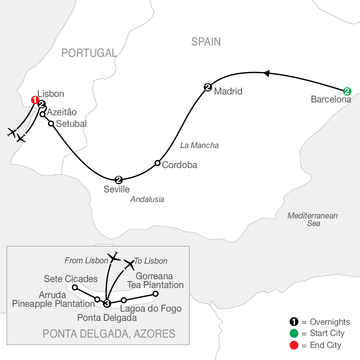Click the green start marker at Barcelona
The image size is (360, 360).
coord(347,91)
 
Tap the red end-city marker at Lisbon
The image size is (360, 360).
coord(35,100)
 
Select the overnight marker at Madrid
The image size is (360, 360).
coord(208,87)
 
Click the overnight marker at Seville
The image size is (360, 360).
coord(118,180)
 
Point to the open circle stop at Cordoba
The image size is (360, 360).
coord(157,163)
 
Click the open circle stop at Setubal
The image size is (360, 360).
coord(51,124)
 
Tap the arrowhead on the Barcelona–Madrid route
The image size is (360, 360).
coord(266,73)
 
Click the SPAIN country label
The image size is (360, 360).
coord(206,42)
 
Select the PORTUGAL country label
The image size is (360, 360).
coord(89,53)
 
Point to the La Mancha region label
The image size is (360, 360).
coord(199,145)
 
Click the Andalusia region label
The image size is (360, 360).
coord(147,199)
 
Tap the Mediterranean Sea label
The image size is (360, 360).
coord(312,219)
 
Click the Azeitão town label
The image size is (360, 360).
coord(62,112)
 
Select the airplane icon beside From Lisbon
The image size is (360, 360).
coord(114,257)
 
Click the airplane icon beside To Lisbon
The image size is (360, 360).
coord(129,265)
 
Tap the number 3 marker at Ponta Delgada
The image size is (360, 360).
coord(107,303)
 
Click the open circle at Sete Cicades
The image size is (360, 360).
coord(75,287)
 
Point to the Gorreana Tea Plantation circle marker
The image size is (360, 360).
coord(156,294)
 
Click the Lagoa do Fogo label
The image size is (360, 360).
coord(151,309)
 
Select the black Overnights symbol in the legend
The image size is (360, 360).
coord(294,322)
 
